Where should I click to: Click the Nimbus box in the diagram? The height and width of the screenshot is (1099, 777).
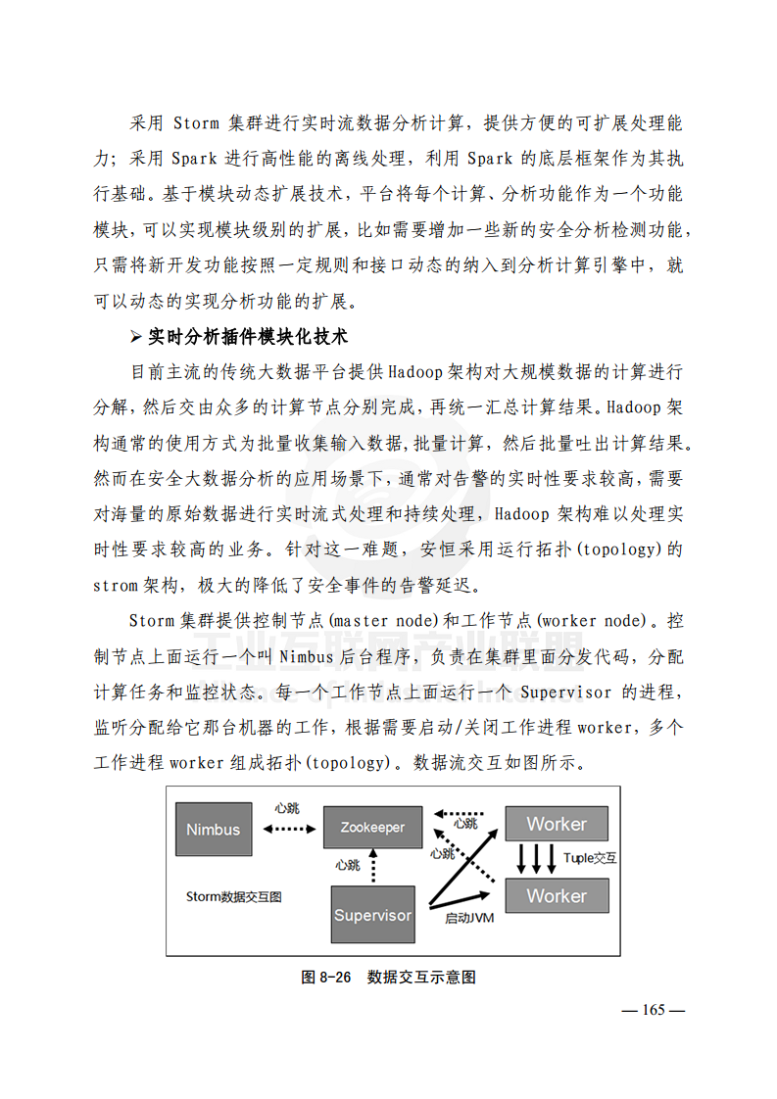coord(213,829)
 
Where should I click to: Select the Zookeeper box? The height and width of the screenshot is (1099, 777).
coord(372,828)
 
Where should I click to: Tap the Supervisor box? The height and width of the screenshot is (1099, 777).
coord(372,915)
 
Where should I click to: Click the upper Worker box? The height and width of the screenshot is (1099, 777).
coord(556,824)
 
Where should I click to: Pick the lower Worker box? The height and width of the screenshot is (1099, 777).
coord(556,895)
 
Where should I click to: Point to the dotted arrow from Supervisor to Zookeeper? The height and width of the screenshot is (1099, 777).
coord(372,866)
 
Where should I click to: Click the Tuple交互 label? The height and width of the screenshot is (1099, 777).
coord(590,858)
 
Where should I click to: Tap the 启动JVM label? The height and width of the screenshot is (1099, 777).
coord(469,918)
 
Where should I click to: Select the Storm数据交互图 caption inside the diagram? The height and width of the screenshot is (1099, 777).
coord(234,896)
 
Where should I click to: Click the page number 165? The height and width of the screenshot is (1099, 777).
coord(654,1010)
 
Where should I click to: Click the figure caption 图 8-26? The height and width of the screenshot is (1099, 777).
coord(325,977)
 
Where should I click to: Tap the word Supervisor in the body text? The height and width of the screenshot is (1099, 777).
coord(567,693)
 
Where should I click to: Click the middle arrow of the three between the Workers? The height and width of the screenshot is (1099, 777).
coord(537,859)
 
